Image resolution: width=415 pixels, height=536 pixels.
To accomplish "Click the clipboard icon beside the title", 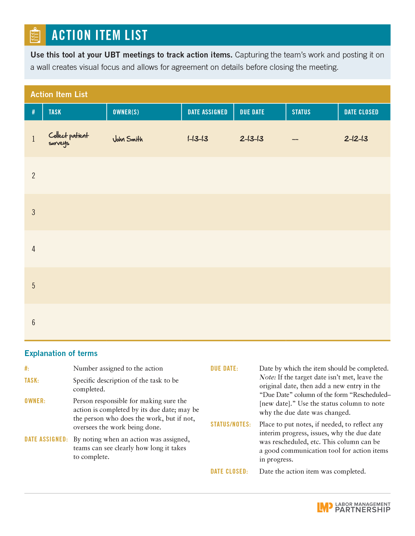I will click(x=35, y=35).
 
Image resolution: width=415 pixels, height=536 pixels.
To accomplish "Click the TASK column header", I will click(x=55, y=112).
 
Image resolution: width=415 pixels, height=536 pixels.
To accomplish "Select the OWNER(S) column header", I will click(x=126, y=112).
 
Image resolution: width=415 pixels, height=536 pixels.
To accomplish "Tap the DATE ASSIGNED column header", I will click(x=207, y=112).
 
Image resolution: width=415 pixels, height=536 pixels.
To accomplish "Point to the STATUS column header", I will click(x=301, y=112).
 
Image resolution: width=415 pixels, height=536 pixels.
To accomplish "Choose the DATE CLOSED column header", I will click(x=361, y=112).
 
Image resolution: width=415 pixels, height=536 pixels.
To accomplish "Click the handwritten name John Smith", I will click(x=128, y=139).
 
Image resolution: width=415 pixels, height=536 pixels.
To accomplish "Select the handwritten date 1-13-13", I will click(x=198, y=139).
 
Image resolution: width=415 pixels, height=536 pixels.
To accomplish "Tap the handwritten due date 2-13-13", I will click(x=252, y=139).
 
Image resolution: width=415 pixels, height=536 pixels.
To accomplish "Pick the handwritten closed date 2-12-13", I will click(x=356, y=139).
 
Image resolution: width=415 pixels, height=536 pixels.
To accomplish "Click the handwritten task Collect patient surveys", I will click(x=68, y=139).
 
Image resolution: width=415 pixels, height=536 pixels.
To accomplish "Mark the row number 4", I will click(x=34, y=249).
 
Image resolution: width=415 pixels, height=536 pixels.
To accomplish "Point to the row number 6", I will click(x=34, y=323).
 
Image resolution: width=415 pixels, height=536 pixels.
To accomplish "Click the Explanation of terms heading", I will click(x=61, y=353).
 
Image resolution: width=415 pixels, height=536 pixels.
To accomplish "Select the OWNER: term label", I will click(x=35, y=401).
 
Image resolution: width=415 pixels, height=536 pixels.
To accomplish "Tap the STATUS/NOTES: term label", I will click(x=230, y=425).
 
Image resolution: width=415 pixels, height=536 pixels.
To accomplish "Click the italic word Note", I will click(x=267, y=377).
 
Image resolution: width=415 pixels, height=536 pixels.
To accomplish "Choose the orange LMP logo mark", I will click(x=325, y=507).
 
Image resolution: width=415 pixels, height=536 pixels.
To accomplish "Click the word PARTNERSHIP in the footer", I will click(x=363, y=510).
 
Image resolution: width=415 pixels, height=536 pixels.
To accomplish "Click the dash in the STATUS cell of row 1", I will click(x=295, y=139).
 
